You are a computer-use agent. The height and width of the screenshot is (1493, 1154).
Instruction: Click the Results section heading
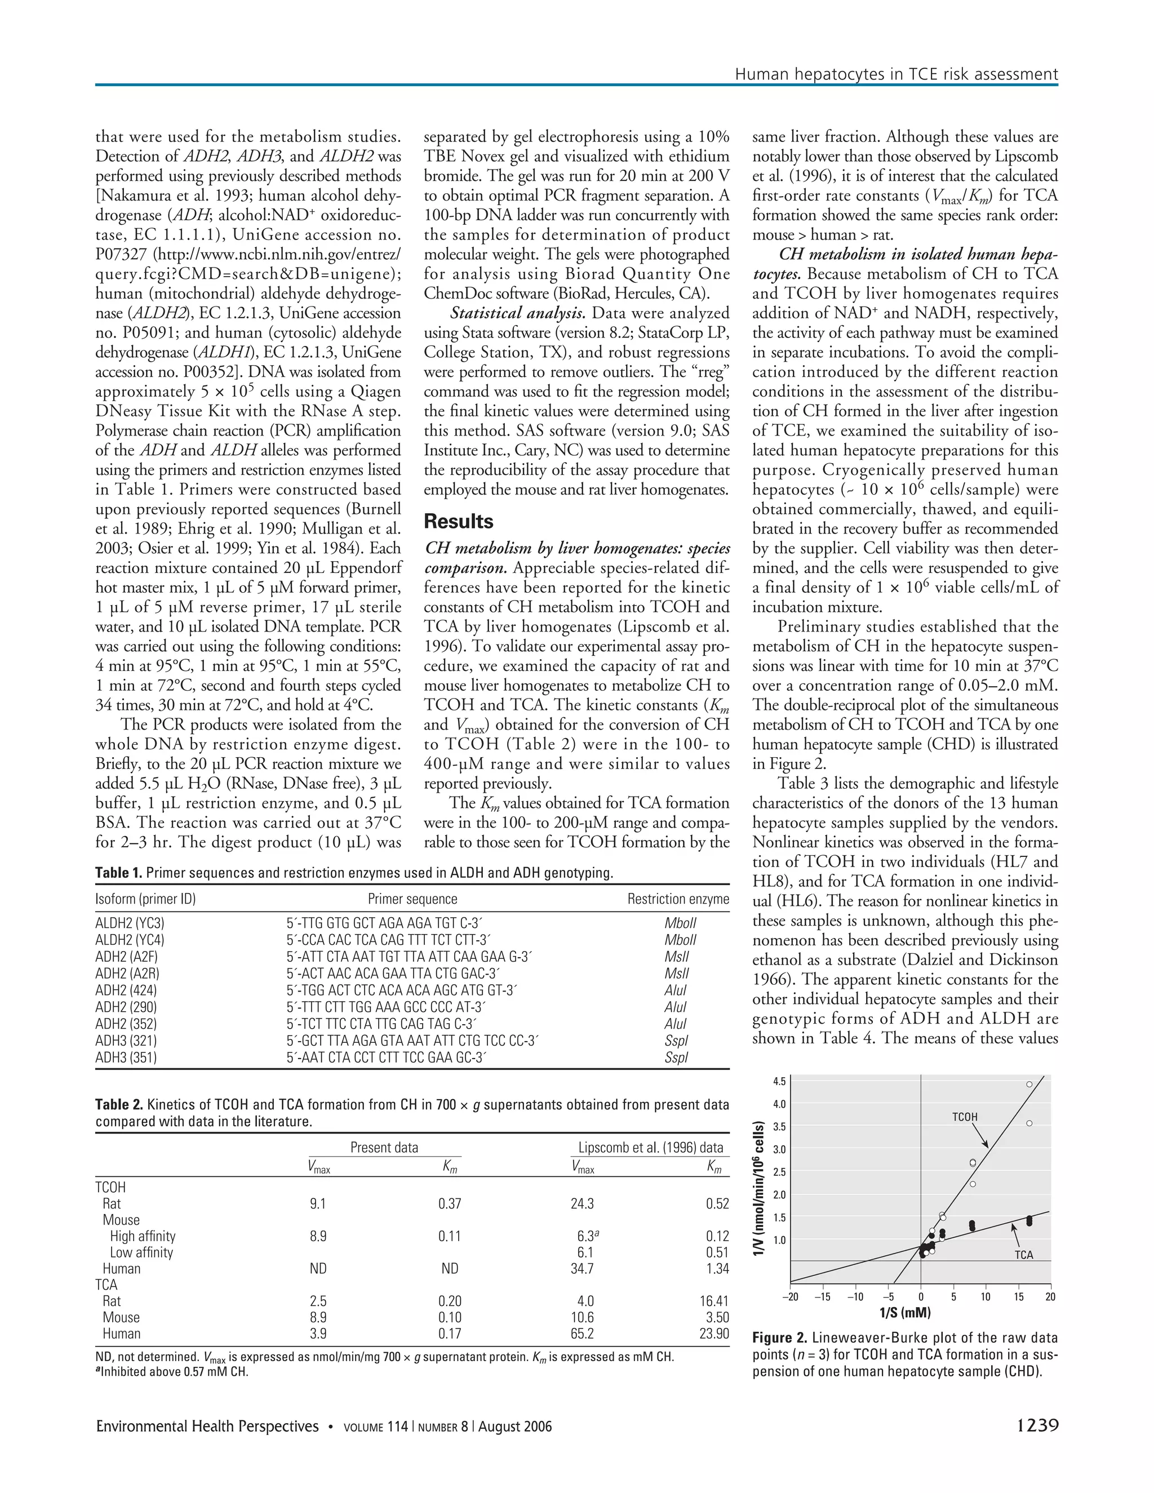click(x=458, y=522)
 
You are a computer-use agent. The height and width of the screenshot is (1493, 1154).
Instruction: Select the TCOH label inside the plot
click(x=965, y=1117)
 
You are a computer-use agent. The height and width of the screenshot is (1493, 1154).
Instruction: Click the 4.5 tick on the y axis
click(x=779, y=1082)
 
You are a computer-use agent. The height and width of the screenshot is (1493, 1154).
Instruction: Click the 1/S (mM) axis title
click(x=904, y=1313)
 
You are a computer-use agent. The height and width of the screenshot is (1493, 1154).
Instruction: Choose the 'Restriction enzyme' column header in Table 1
click(x=677, y=899)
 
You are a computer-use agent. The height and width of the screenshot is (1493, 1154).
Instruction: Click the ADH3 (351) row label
click(x=126, y=1057)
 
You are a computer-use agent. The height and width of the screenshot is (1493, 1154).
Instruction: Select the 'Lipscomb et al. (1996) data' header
click(x=650, y=1147)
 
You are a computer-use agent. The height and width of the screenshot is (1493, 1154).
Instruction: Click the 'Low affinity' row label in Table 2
click(x=141, y=1252)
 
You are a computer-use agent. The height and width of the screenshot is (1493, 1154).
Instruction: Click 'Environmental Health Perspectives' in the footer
click(x=207, y=1426)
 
